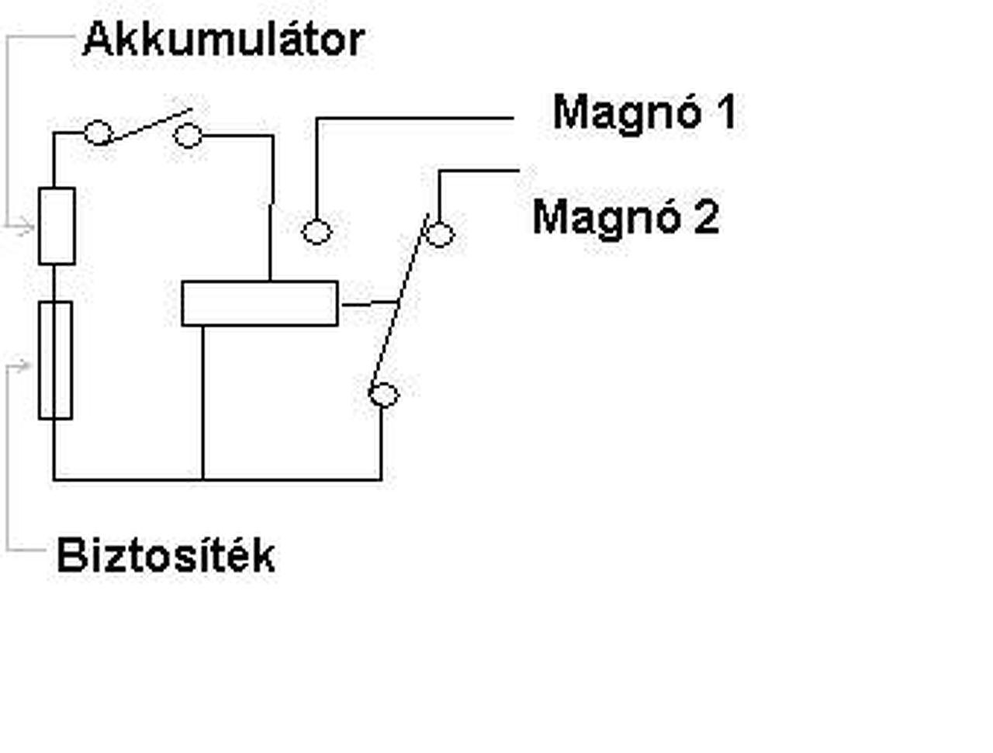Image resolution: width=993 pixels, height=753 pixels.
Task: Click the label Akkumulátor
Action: [x=223, y=40]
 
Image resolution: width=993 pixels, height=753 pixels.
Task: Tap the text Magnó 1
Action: [x=644, y=112]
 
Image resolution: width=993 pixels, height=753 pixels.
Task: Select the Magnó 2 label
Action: [x=625, y=216]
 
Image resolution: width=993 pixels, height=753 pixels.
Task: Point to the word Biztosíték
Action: [x=165, y=555]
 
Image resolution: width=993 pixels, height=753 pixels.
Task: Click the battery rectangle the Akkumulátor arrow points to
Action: [x=57, y=226]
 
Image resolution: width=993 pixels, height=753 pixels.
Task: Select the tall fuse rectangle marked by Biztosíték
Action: [x=55, y=361]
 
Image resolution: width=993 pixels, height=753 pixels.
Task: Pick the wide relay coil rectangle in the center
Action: [x=260, y=303]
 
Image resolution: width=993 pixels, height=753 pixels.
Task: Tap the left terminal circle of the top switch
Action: [x=98, y=133]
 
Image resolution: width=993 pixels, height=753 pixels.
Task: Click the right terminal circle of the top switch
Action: [x=188, y=136]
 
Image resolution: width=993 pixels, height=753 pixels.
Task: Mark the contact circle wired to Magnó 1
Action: [x=316, y=231]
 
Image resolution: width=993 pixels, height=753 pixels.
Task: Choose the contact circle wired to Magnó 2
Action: [x=440, y=234]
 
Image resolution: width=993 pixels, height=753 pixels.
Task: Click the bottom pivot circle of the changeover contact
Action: [x=382, y=395]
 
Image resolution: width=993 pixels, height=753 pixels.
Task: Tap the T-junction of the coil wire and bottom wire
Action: [x=203, y=479]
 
